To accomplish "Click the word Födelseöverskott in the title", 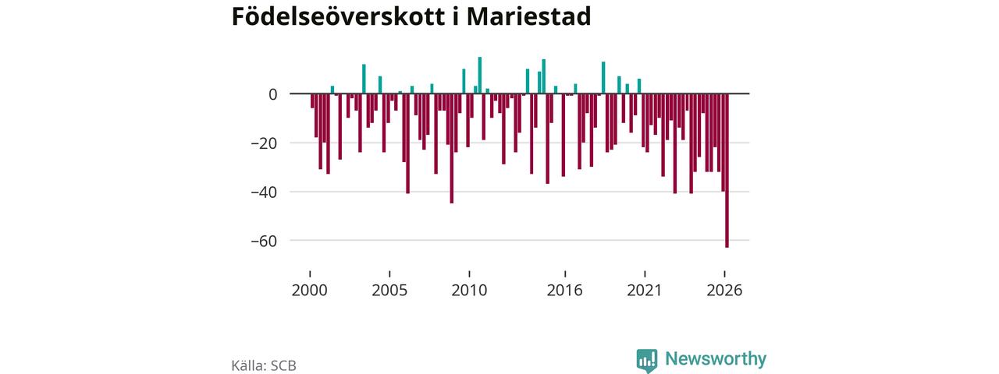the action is [x=339, y=16].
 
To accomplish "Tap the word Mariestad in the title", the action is [x=528, y=16].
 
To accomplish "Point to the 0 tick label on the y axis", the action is [x=272, y=94].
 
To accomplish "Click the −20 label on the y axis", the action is [x=264, y=143].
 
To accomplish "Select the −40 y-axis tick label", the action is [x=264, y=192].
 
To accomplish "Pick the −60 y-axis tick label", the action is [x=264, y=241].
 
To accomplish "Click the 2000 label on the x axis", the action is [x=310, y=291].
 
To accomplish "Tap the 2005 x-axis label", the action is [x=389, y=291].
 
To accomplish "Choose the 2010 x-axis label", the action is [x=469, y=291].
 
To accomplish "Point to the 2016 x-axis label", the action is [x=564, y=291].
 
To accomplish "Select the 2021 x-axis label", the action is [x=645, y=291].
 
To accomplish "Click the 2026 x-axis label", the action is [x=724, y=291].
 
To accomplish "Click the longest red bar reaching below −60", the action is [x=727, y=171].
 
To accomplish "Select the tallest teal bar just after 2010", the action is [x=480, y=76].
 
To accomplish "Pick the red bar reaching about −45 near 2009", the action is [x=452, y=149].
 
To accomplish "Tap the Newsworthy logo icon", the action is [x=647, y=361].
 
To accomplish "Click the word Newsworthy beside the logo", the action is [x=716, y=358].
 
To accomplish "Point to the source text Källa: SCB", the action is [x=264, y=365].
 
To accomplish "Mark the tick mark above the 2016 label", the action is [x=565, y=273].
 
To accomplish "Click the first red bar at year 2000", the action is [x=312, y=101].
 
